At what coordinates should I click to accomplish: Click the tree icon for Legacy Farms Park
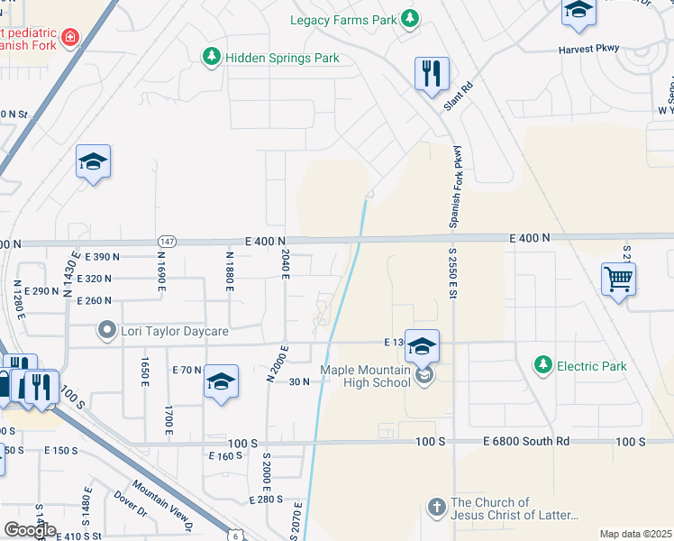(x=410, y=18)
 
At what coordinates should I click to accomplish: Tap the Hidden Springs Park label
(x=281, y=58)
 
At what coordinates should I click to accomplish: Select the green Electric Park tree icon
(x=542, y=365)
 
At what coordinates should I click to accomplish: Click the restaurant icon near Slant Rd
(x=432, y=72)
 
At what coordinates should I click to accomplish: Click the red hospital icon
(x=69, y=38)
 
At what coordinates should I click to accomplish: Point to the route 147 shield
(x=167, y=243)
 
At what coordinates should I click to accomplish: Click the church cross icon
(x=436, y=507)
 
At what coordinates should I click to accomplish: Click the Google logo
(x=30, y=530)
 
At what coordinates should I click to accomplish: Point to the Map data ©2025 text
(x=635, y=534)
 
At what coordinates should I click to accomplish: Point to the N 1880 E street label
(x=230, y=271)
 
